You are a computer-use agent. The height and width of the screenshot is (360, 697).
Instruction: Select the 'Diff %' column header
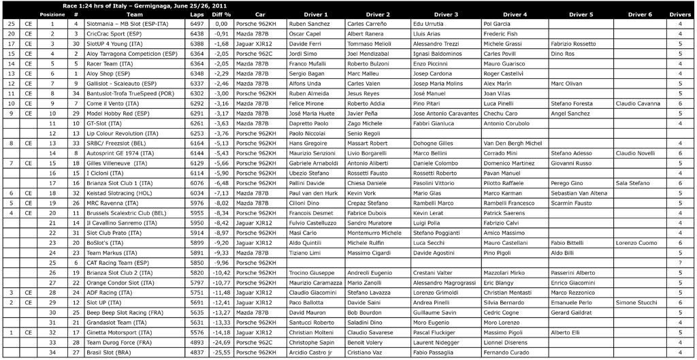pyautogui.click(x=221, y=14)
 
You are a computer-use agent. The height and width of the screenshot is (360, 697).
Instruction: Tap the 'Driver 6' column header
pyautogui.click(x=640, y=14)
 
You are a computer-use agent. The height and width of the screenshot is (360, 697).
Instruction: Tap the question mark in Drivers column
pyautogui.click(x=680, y=263)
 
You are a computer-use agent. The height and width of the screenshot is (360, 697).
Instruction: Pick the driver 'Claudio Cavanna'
pyautogui.click(x=638, y=103)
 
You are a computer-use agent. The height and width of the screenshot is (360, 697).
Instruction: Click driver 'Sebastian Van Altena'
pyautogui.click(x=579, y=193)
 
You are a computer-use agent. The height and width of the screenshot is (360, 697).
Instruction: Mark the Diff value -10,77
pyautogui.click(x=221, y=282)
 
